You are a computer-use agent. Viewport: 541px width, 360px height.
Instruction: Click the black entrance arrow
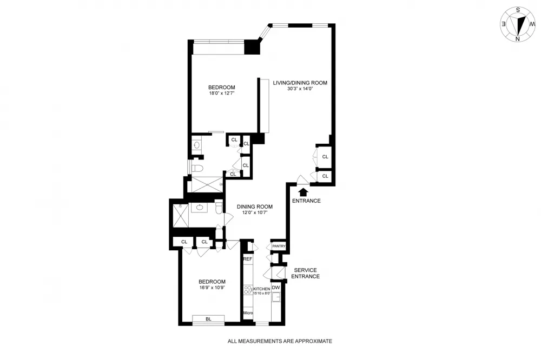pyautogui.click(x=304, y=192)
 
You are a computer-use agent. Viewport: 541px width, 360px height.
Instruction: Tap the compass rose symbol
pyautogui.click(x=518, y=24)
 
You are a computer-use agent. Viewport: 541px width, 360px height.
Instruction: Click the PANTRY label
pyautogui.click(x=279, y=246)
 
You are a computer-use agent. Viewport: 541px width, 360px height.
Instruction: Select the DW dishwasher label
pyautogui.click(x=276, y=288)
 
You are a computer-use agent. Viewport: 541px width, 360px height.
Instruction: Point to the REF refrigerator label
pyautogui.click(x=248, y=259)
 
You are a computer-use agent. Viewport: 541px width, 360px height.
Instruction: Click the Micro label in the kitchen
pyautogui.click(x=248, y=313)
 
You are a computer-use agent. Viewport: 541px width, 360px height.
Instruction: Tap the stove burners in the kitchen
pyautogui.click(x=248, y=290)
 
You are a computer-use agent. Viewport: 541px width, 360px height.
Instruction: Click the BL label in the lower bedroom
pyautogui.click(x=208, y=319)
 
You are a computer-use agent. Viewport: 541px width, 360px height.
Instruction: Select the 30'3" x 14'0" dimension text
pyautogui.click(x=300, y=89)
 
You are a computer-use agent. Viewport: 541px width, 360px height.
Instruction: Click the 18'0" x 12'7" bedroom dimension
pyautogui.click(x=222, y=93)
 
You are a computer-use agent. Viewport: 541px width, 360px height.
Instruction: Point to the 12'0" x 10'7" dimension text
pyautogui.click(x=255, y=212)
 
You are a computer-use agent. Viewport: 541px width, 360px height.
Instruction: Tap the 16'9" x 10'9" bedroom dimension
pyautogui.click(x=212, y=287)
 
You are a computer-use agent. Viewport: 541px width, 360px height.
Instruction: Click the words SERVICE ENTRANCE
pyautogui.click(x=305, y=273)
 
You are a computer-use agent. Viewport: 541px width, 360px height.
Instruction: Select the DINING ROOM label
pyautogui.click(x=255, y=206)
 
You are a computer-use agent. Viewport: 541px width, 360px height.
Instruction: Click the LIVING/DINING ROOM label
pyautogui.click(x=300, y=83)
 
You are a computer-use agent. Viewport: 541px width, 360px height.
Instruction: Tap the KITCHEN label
pyautogui.click(x=261, y=289)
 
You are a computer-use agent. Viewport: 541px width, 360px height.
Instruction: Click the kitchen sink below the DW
pyautogui.click(x=276, y=297)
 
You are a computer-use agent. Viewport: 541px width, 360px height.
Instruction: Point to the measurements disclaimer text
pyautogui.click(x=280, y=341)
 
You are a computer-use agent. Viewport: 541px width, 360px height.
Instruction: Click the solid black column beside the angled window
pyautogui.click(x=252, y=47)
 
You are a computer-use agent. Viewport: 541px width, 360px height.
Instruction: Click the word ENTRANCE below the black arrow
pyautogui.click(x=306, y=201)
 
